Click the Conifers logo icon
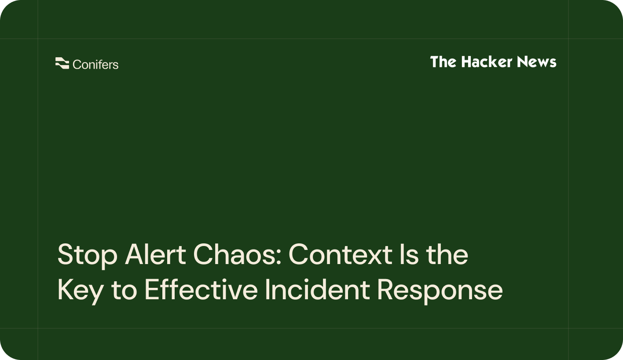click(x=62, y=64)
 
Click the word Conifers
click(x=95, y=65)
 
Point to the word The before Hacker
click(x=444, y=62)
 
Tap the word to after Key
click(x=124, y=290)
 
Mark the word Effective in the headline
click(x=201, y=290)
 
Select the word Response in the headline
click(x=440, y=290)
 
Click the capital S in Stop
click(x=66, y=255)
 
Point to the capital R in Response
click(x=385, y=290)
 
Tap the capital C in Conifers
click(x=77, y=65)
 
